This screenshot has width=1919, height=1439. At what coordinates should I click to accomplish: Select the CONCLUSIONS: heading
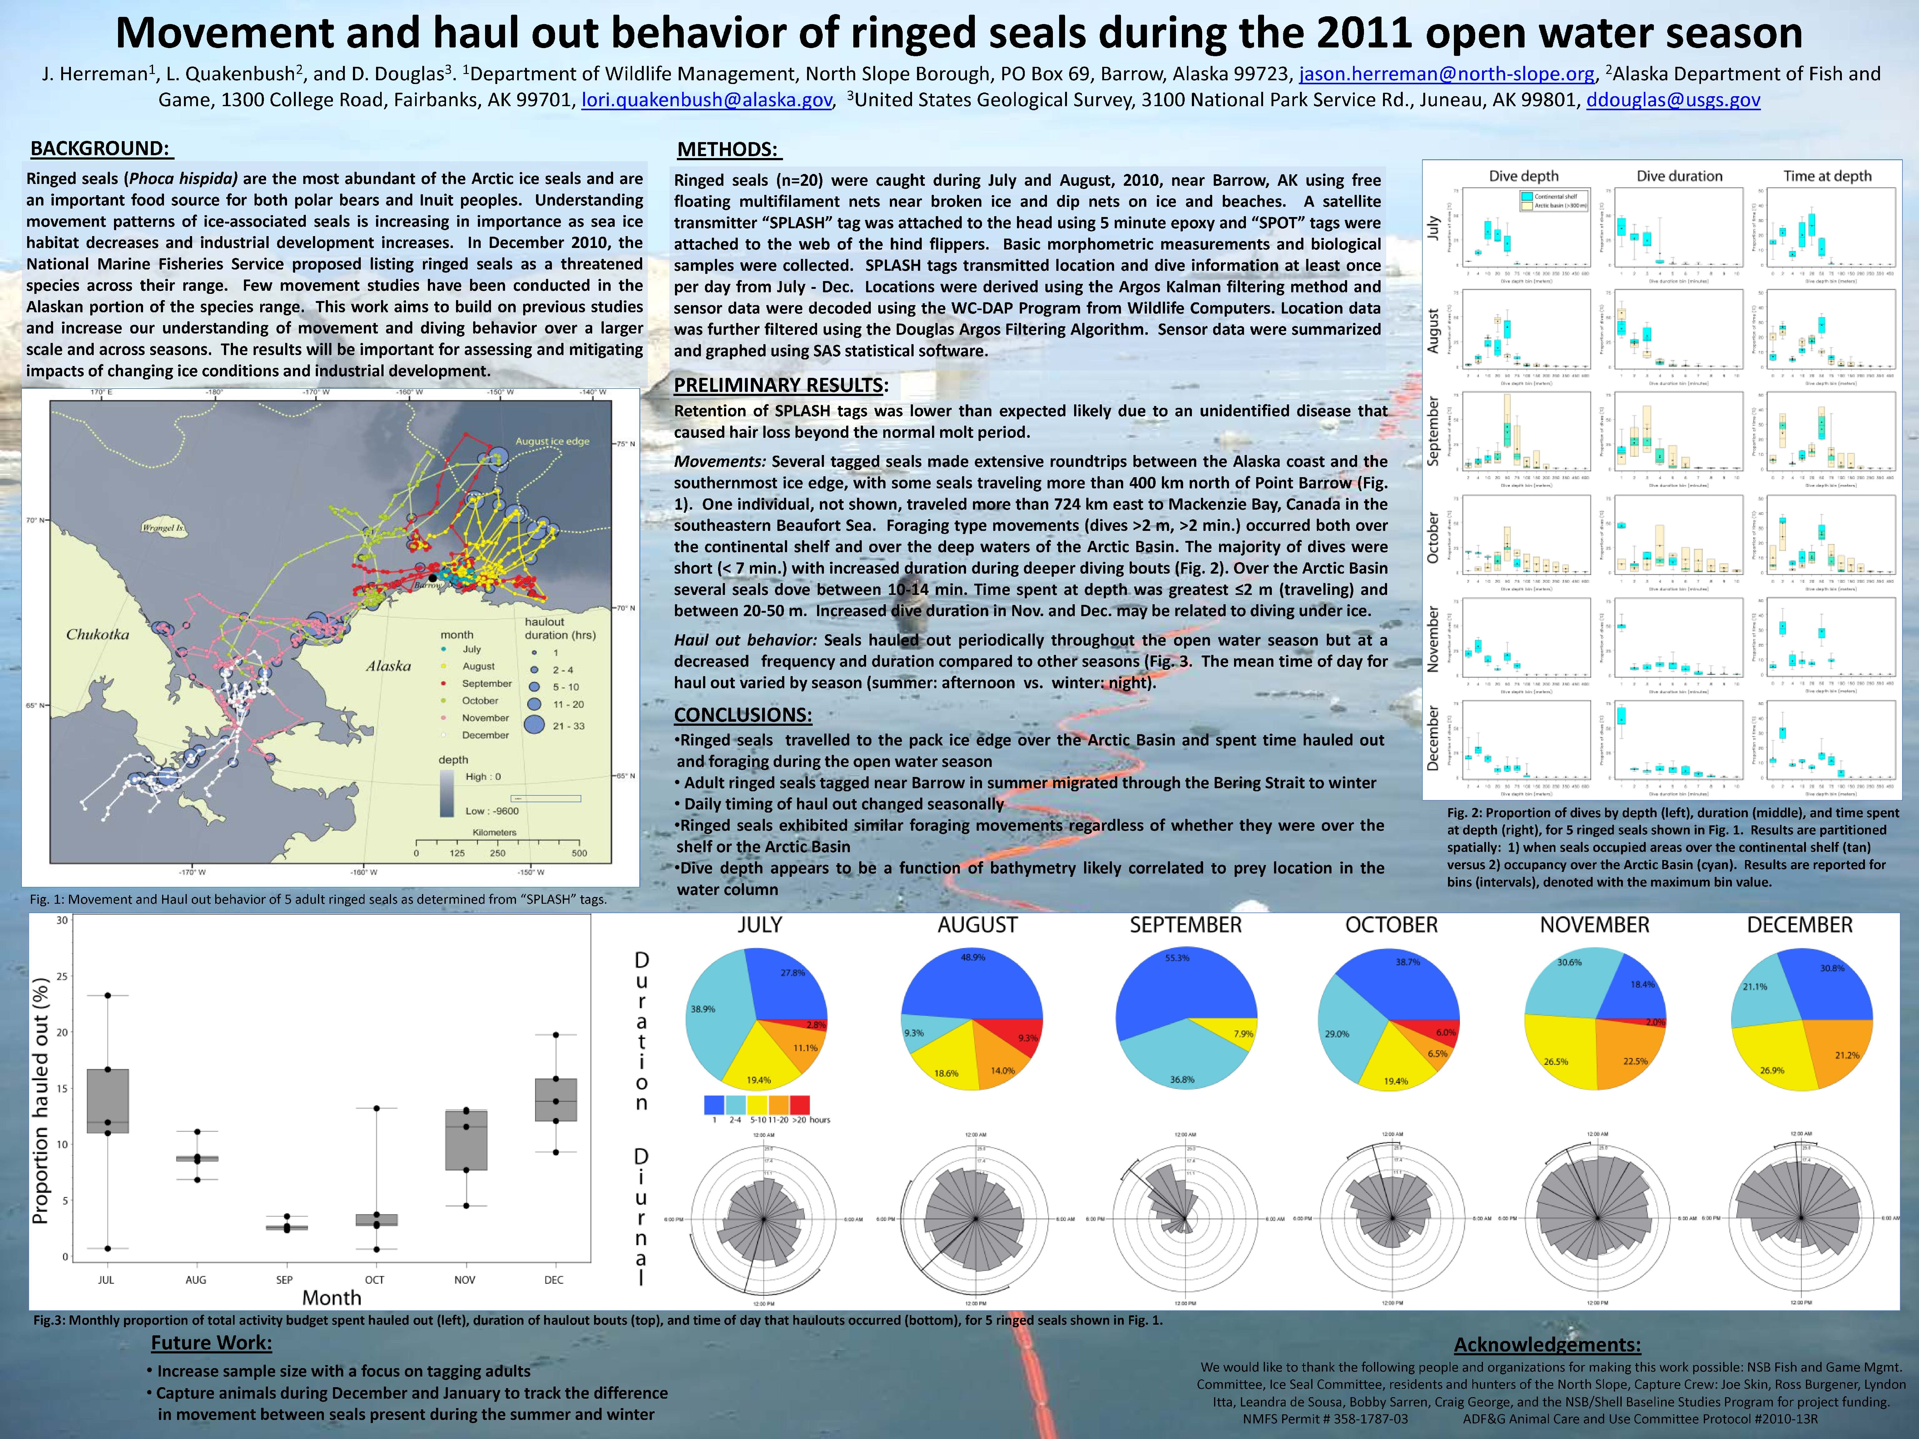(x=743, y=715)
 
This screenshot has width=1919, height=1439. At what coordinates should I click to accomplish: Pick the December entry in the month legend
(x=485, y=735)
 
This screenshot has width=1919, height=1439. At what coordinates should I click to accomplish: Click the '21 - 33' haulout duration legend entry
(x=568, y=726)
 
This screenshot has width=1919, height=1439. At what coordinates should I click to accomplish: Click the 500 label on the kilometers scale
(x=579, y=853)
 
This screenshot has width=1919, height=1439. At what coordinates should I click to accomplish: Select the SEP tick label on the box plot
(x=285, y=1279)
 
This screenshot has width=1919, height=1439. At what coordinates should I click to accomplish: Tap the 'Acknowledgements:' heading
(x=1547, y=1344)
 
